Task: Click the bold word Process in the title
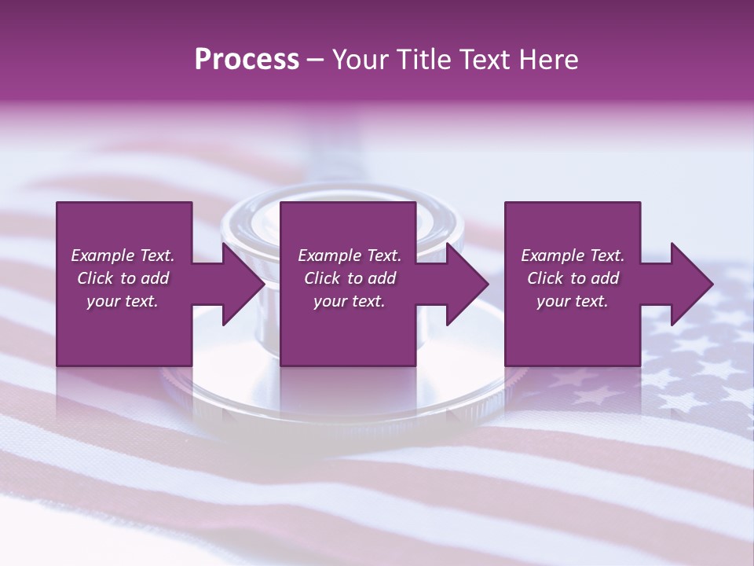pyautogui.click(x=247, y=60)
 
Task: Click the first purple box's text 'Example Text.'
pyautogui.click(x=123, y=255)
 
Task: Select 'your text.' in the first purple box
pyautogui.click(x=123, y=301)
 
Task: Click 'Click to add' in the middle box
pyautogui.click(x=350, y=278)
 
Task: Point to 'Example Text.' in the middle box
pyautogui.click(x=350, y=255)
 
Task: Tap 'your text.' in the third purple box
pyautogui.click(x=573, y=301)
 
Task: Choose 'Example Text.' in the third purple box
pyautogui.click(x=573, y=255)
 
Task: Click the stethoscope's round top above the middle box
pyautogui.click(x=346, y=193)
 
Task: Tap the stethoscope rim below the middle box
pyautogui.click(x=346, y=409)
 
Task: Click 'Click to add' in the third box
pyautogui.click(x=573, y=278)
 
